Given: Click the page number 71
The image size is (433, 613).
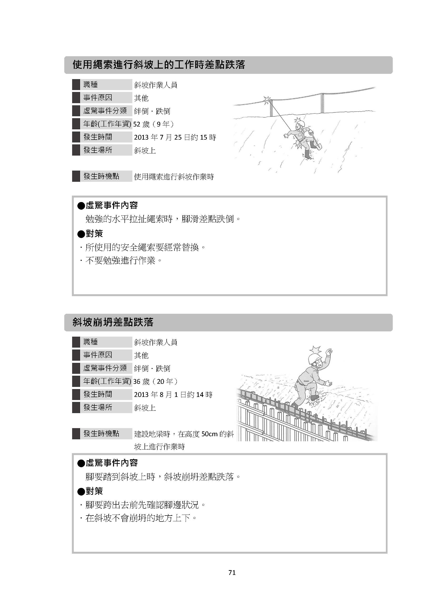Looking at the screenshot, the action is pyautogui.click(x=232, y=572).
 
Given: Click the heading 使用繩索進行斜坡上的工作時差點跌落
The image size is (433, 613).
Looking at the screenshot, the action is pyautogui.click(x=159, y=65).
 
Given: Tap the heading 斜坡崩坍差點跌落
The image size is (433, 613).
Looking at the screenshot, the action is pyautogui.click(x=113, y=322).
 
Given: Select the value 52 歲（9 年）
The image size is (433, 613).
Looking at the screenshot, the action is pyautogui.click(x=154, y=124).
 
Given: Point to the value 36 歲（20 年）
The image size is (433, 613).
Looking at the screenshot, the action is pyautogui.click(x=155, y=381).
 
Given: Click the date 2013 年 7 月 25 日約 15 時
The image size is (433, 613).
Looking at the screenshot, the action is pyautogui.click(x=175, y=137).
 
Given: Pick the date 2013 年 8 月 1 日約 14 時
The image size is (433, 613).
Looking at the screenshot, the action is pyautogui.click(x=173, y=395).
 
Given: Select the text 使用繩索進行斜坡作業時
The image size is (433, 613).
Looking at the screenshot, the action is pyautogui.click(x=174, y=177).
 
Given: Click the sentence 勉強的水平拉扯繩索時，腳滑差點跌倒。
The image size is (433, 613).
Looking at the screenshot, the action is pyautogui.click(x=163, y=219).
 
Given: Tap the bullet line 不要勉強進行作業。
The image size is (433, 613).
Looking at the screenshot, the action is pyautogui.click(x=121, y=260).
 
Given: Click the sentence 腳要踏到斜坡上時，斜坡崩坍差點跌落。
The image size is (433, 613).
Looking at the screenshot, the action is pyautogui.click(x=163, y=476).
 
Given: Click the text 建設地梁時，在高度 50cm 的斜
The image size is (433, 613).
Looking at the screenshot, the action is pyautogui.click(x=184, y=434).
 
